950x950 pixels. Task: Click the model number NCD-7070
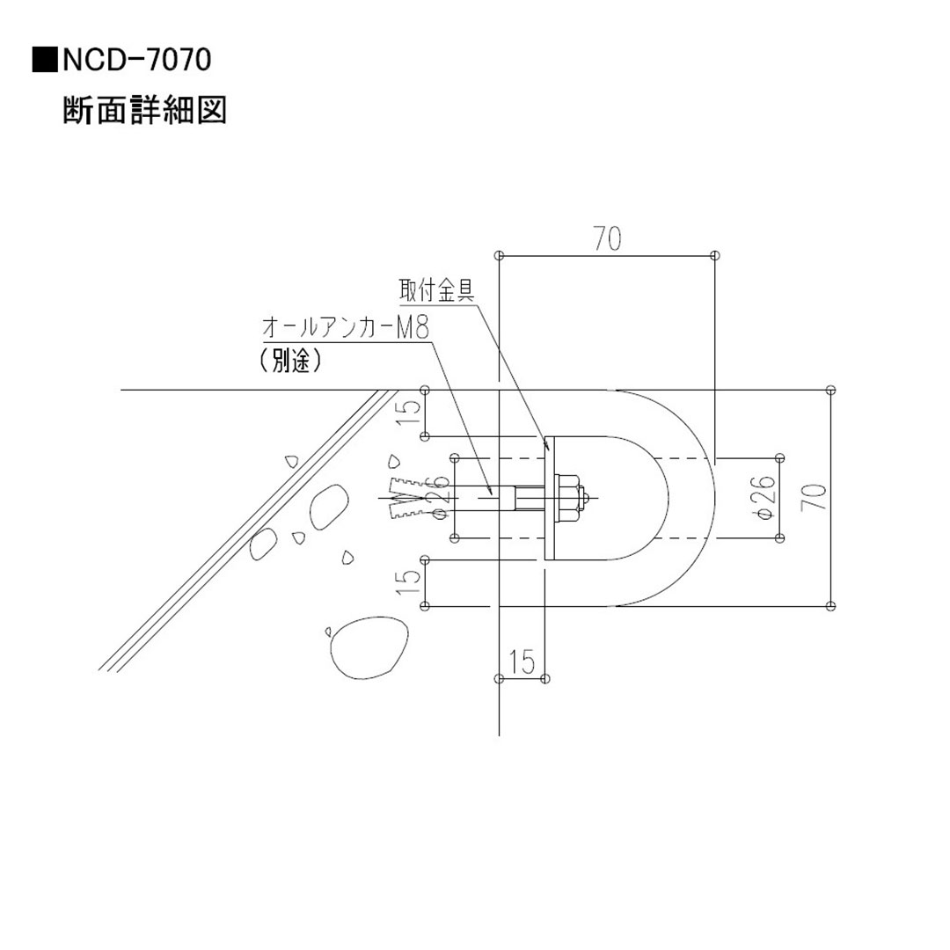point(136,61)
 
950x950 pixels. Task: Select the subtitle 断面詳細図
point(145,112)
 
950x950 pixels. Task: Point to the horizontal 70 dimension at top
point(607,239)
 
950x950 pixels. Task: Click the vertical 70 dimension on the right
point(815,498)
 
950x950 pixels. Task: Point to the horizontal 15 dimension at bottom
point(522,662)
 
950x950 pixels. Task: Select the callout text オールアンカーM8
point(346,328)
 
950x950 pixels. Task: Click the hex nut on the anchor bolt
point(570,498)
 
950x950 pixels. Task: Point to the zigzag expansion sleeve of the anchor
point(406,498)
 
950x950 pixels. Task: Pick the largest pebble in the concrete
point(368,647)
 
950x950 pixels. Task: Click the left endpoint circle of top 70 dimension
point(499,255)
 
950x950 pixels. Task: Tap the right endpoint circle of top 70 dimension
point(714,255)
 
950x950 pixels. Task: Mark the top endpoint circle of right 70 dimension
point(830,390)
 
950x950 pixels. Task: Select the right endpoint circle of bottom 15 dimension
point(545,678)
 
